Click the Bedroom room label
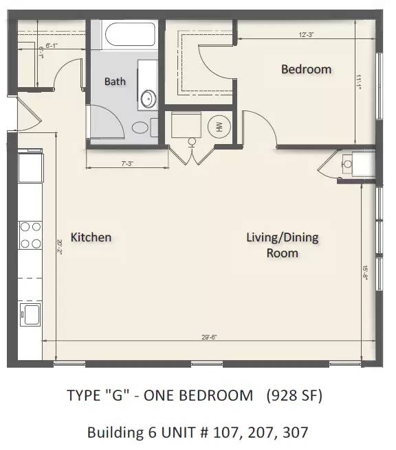(x=306, y=69)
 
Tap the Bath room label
(x=115, y=82)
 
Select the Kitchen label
(x=91, y=237)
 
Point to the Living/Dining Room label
(x=282, y=245)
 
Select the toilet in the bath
(x=140, y=127)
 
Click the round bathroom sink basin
(x=147, y=100)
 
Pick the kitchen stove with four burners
(x=30, y=235)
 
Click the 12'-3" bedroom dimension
(x=307, y=34)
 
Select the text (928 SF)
(x=296, y=396)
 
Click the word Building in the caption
(x=111, y=433)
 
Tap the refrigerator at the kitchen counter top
(x=30, y=167)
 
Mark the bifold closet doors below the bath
(x=192, y=155)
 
